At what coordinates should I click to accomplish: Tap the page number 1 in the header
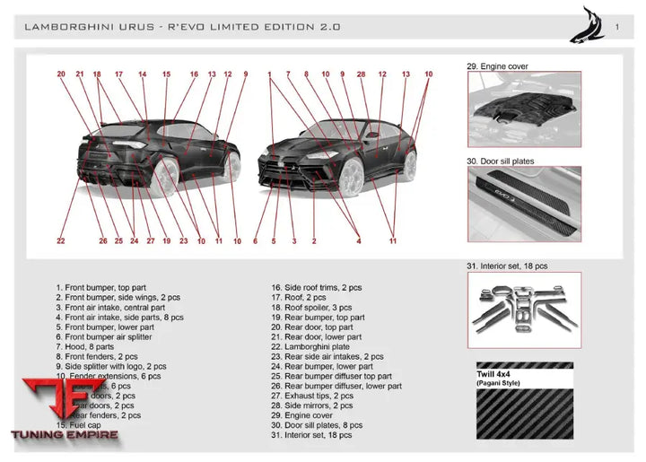click(x=616, y=27)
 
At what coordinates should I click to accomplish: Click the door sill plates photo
click(x=523, y=205)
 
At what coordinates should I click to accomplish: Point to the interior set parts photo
click(x=523, y=309)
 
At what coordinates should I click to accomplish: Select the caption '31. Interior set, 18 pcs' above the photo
click(x=507, y=266)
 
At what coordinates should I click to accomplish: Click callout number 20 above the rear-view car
click(x=61, y=74)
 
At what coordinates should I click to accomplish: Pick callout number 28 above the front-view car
click(x=361, y=74)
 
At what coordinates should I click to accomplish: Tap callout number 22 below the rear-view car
click(x=61, y=240)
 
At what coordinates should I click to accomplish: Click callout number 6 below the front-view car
click(x=256, y=240)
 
